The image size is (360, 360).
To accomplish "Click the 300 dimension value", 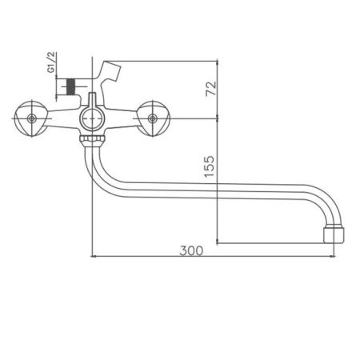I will pyautogui.click(x=192, y=250).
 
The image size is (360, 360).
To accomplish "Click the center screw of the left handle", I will pyautogui.click(x=32, y=119).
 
